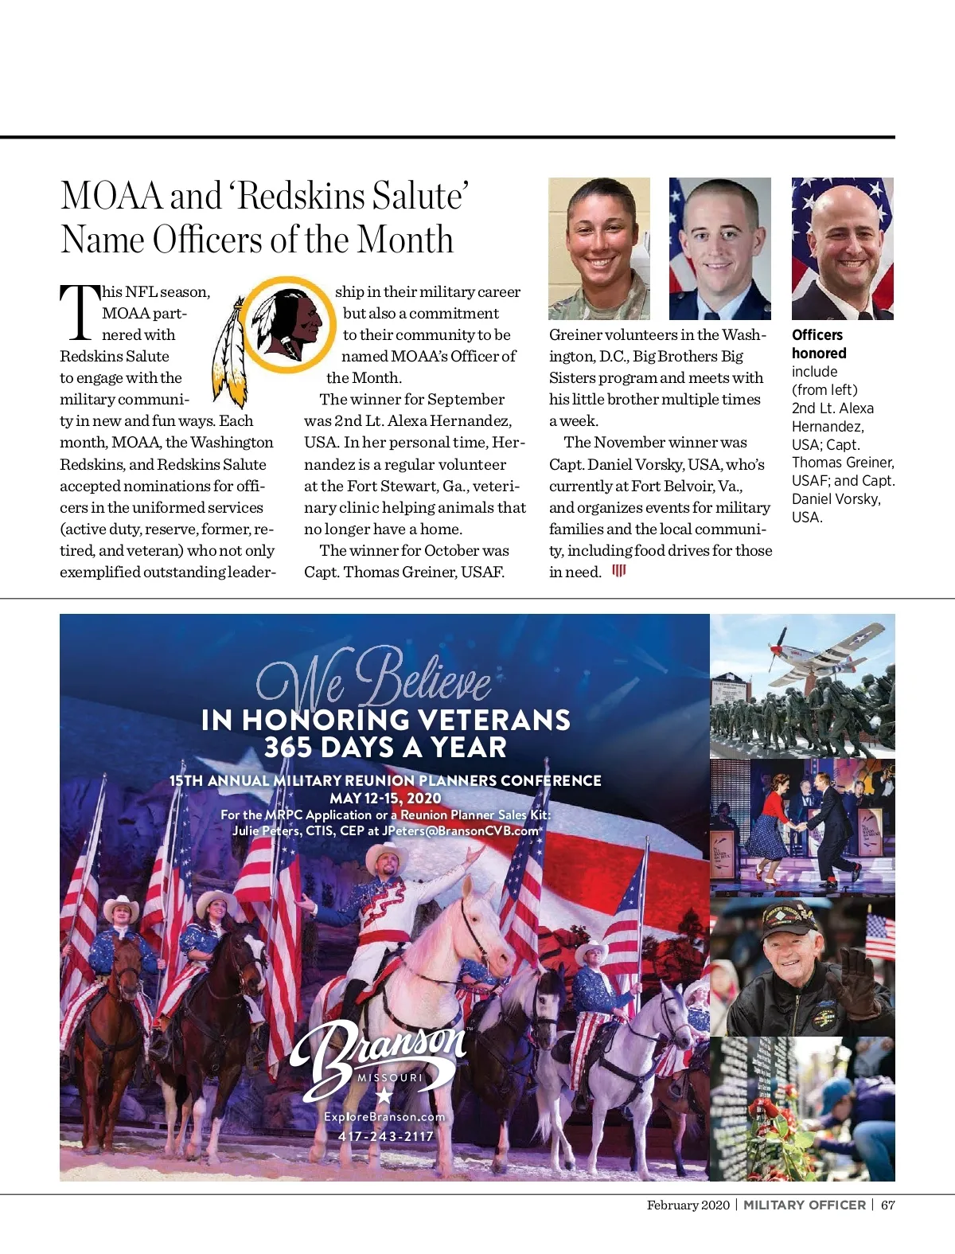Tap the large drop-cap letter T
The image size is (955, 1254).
pyautogui.click(x=80, y=311)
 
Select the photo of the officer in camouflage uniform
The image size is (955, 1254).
pyautogui.click(x=599, y=248)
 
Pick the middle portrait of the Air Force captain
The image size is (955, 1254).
pyautogui.click(x=720, y=248)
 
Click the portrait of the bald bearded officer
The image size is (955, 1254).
pyautogui.click(x=843, y=248)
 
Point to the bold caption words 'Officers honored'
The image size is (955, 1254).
pyautogui.click(x=819, y=344)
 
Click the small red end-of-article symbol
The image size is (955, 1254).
pyautogui.click(x=619, y=571)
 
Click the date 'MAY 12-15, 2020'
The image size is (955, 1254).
pyautogui.click(x=385, y=798)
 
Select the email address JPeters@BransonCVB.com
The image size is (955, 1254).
pyautogui.click(x=461, y=830)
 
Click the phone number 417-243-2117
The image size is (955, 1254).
pyautogui.click(x=386, y=1136)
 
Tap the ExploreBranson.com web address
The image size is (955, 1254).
pyautogui.click(x=384, y=1117)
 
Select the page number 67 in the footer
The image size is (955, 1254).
pyautogui.click(x=888, y=1205)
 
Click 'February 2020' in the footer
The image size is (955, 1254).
pyautogui.click(x=688, y=1205)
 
